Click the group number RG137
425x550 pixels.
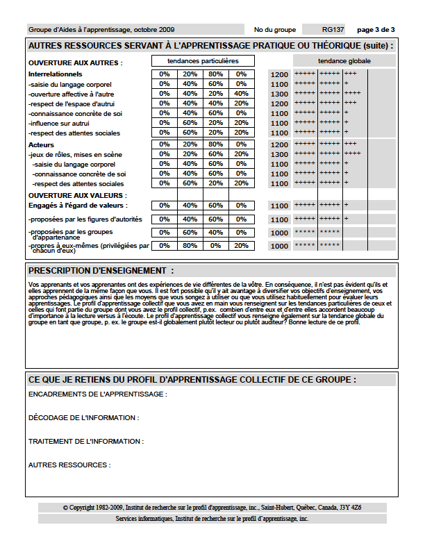[334, 30]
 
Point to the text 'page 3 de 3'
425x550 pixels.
[376, 30]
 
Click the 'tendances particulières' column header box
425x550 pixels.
[203, 61]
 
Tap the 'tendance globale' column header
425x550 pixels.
[344, 61]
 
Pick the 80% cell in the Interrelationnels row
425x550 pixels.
[216, 74]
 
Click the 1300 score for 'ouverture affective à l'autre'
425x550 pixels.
[279, 94]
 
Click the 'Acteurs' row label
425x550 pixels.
[41, 144]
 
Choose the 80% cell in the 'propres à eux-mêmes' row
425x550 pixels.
[190, 245]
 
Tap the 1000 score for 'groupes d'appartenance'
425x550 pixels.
[279, 233]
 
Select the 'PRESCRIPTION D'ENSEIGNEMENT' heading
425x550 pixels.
[101, 270]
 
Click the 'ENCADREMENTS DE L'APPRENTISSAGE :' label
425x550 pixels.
[97, 394]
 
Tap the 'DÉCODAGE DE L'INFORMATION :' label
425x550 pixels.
[83, 418]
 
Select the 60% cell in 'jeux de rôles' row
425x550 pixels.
[216, 154]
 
